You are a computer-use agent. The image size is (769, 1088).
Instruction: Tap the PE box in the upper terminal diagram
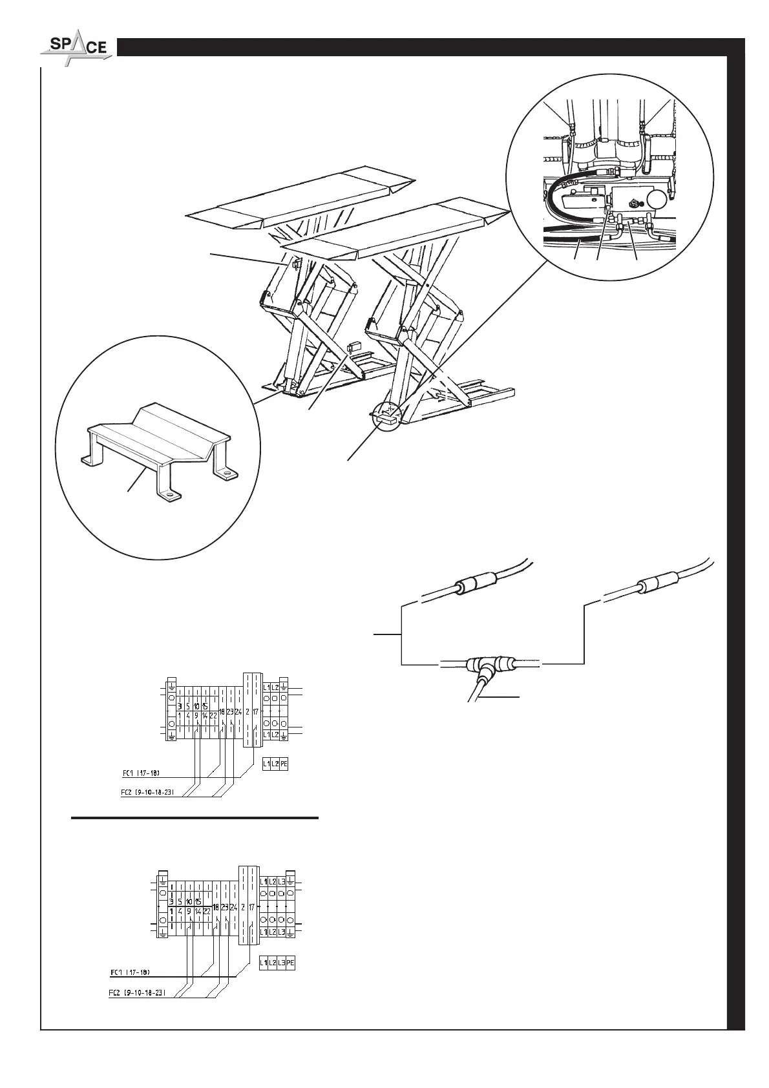(283, 764)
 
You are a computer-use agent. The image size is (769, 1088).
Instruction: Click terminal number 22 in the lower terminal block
(207, 912)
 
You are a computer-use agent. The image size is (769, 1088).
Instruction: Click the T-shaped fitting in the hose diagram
(480, 665)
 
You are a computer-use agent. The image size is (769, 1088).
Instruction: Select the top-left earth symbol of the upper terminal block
(171, 685)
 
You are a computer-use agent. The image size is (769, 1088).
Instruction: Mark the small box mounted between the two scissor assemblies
(353, 346)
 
